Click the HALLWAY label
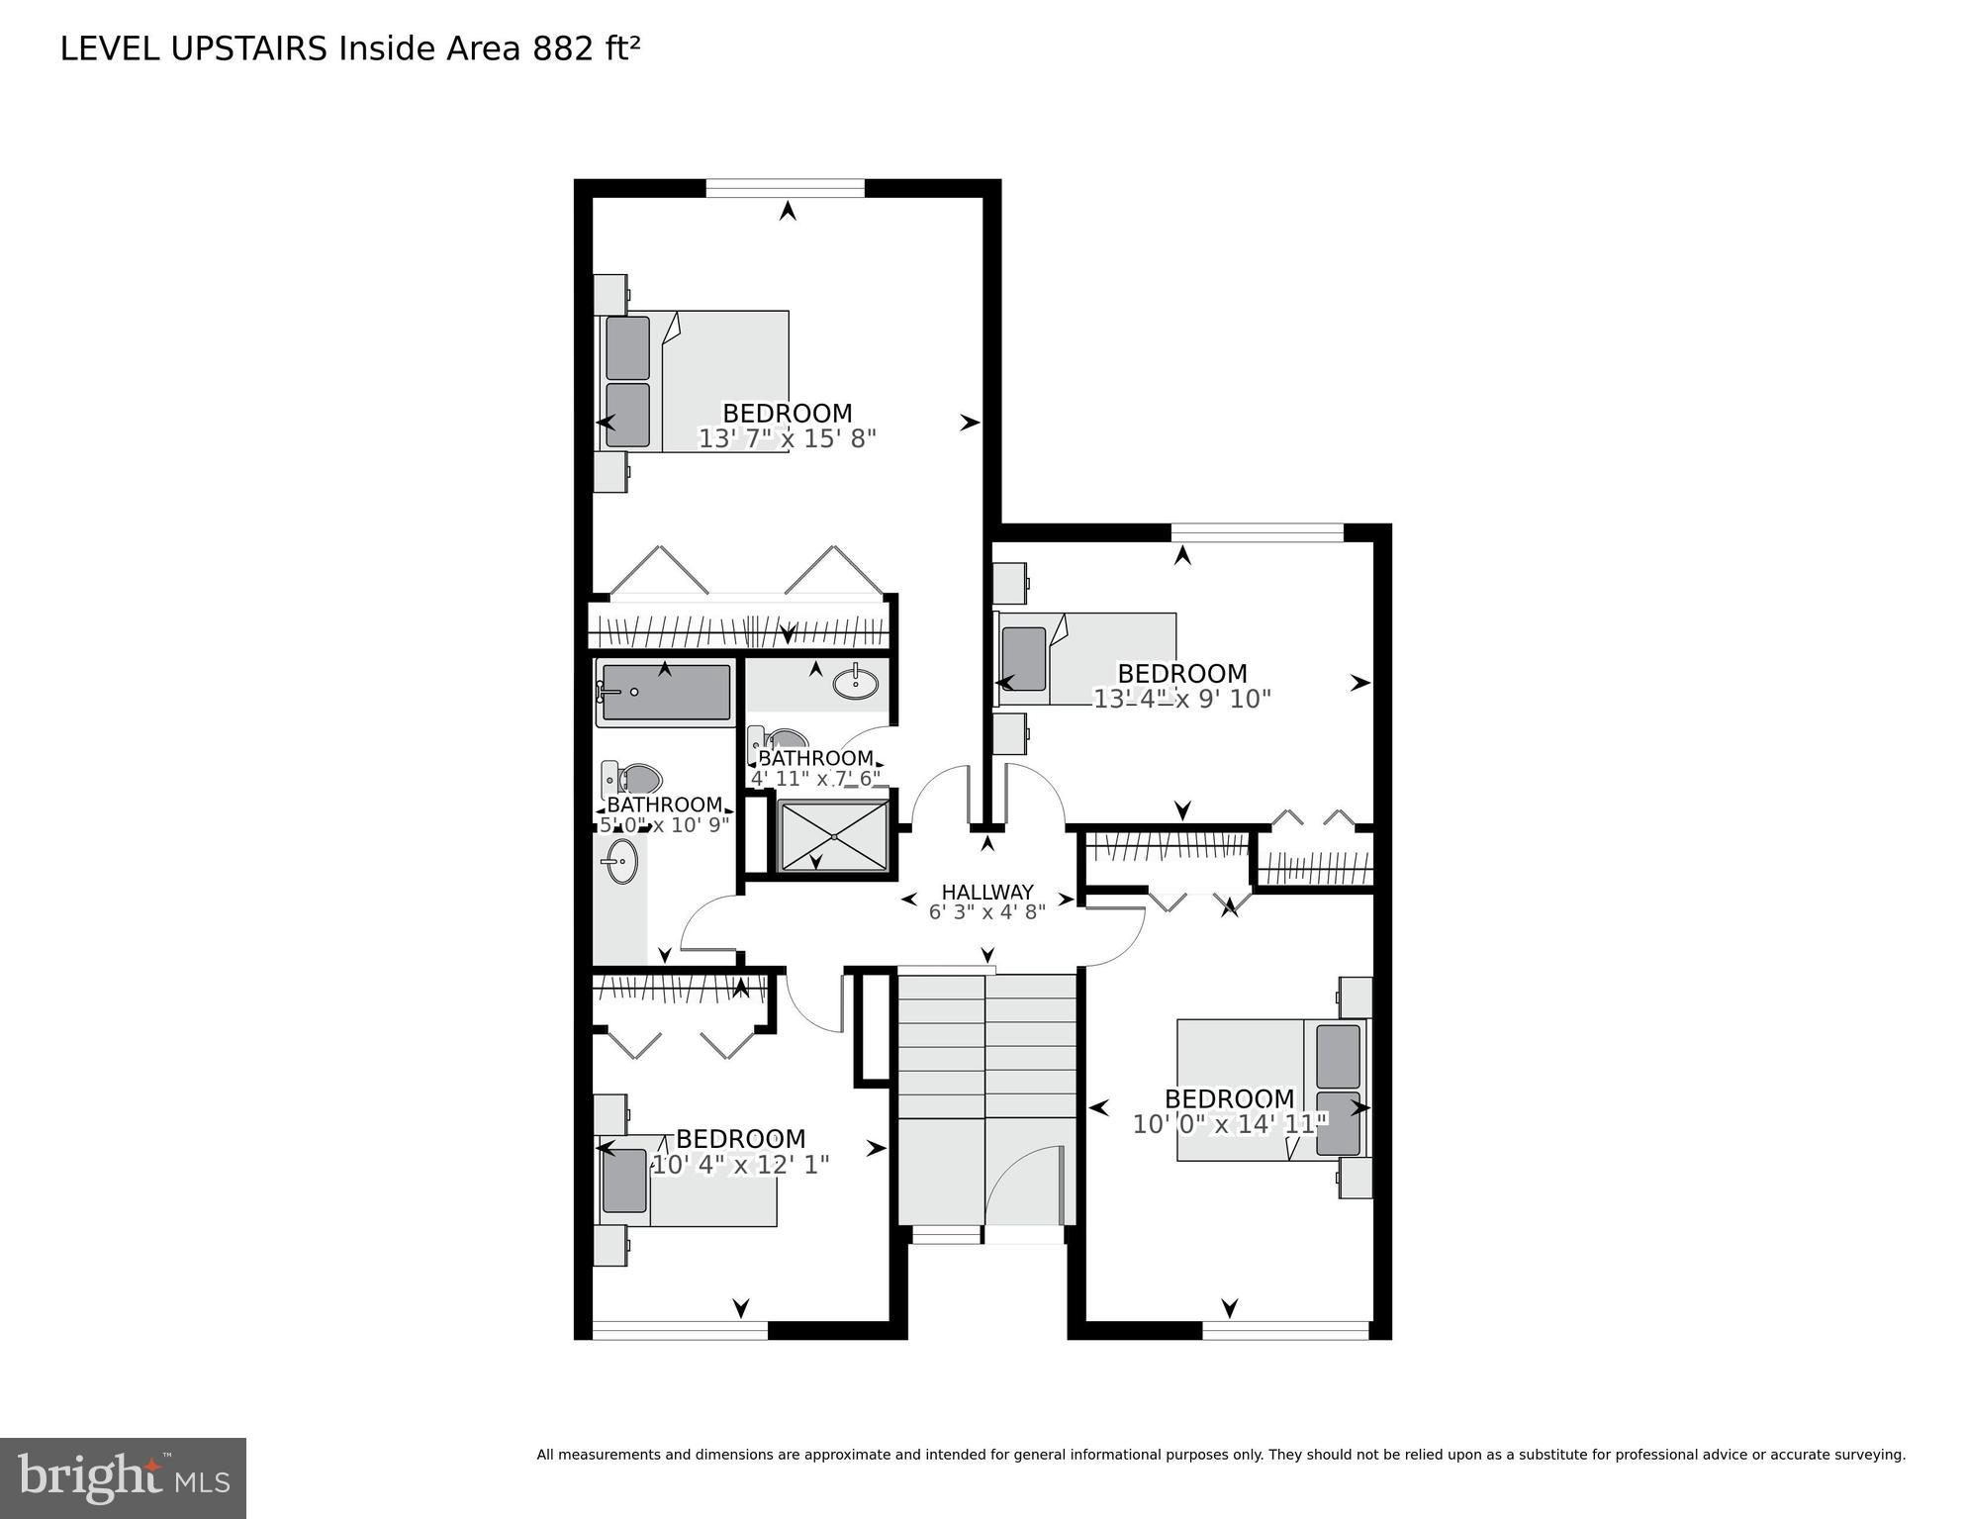(x=986, y=892)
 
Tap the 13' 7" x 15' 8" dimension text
(x=788, y=438)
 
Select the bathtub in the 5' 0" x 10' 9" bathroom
(x=665, y=693)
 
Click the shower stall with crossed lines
(x=835, y=837)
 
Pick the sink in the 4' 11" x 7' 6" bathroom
(x=854, y=683)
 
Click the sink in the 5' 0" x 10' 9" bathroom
(x=621, y=861)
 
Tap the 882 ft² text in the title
(x=586, y=48)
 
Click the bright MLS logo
(x=123, y=1477)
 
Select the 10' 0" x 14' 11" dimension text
(x=1229, y=1124)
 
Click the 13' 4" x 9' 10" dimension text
(x=1181, y=699)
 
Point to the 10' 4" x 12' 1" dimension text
(x=740, y=1165)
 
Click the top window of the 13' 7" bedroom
(x=786, y=188)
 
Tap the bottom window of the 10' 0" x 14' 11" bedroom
(x=1286, y=1331)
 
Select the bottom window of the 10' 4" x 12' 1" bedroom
(x=680, y=1331)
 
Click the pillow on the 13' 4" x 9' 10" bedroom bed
(x=1023, y=659)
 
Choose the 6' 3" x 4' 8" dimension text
(x=986, y=912)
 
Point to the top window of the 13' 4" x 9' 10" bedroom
(x=1257, y=532)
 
